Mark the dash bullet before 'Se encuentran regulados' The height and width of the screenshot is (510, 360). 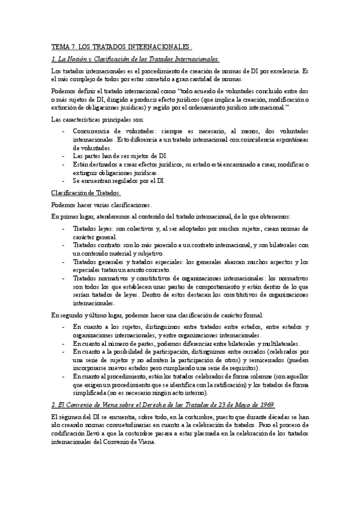click(64, 180)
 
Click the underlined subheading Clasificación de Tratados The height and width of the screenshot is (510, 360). click(86, 192)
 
